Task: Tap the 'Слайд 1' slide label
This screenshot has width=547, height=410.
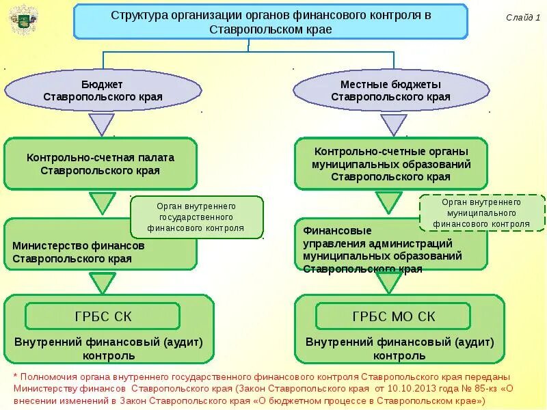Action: coord(523,18)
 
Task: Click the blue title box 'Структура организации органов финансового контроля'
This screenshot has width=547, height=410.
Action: coord(270,21)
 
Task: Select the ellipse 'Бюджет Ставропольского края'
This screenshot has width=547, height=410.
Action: coord(103,90)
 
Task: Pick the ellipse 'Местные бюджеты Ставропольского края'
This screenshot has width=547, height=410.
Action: coord(390,90)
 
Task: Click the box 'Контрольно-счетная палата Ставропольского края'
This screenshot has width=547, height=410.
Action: coord(100,164)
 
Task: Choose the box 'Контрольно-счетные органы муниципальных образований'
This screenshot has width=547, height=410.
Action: coord(390,163)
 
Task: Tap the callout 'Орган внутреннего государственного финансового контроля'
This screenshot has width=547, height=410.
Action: coord(196,217)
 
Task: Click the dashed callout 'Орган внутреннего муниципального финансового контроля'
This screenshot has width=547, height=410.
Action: coord(481,213)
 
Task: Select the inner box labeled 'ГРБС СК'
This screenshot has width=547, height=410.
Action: coord(103,316)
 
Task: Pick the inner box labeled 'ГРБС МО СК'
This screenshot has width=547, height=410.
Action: coord(393,316)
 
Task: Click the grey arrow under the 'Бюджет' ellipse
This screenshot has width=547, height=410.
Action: coord(102,124)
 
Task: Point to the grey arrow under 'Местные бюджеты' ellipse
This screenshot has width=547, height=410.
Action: coord(393,124)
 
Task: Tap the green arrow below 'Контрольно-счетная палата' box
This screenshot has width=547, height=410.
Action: coord(103,203)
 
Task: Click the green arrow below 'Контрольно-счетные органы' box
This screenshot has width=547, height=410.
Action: coord(388,202)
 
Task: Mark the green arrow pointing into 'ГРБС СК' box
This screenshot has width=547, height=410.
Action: coord(103,282)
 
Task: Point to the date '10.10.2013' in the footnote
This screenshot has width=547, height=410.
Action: coord(397,388)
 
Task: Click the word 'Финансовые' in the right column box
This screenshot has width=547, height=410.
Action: coord(328,230)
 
